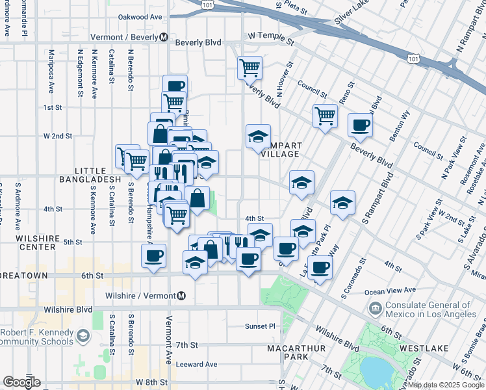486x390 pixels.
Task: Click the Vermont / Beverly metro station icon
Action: coord(164,37)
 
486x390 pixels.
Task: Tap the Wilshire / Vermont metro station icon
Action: coord(181,296)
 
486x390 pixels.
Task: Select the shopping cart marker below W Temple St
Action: coord(249,66)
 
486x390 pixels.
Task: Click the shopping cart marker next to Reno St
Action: coord(325,116)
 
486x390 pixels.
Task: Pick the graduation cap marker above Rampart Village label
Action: coord(258,136)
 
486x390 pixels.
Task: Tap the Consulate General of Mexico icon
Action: coord(375,307)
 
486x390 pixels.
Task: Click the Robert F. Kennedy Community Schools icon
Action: coord(83,336)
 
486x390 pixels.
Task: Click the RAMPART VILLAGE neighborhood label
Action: coord(279,149)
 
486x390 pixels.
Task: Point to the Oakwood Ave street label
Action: coord(139,18)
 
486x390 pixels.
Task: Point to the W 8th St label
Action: coord(152,382)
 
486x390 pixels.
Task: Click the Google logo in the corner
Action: coord(21,382)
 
